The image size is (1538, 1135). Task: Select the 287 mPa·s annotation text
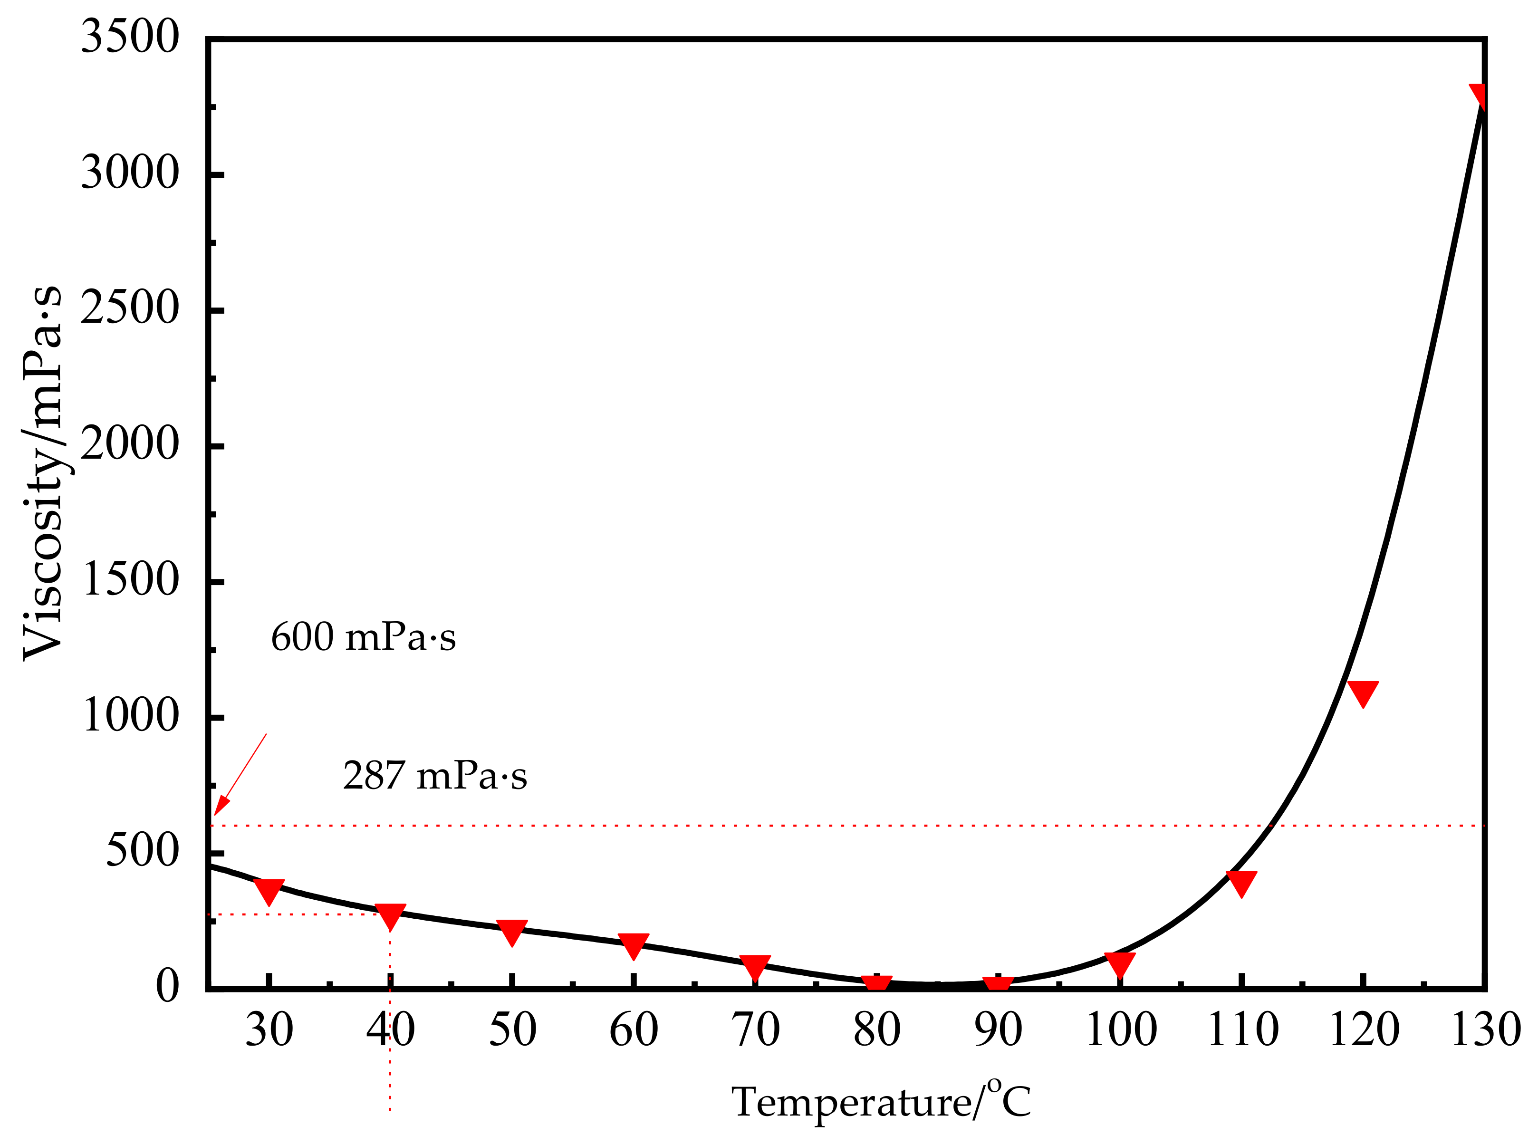click(435, 776)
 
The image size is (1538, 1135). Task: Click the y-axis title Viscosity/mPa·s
click(43, 474)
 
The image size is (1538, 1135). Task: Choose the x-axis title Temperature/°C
click(881, 1102)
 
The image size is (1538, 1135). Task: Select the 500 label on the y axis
click(142, 852)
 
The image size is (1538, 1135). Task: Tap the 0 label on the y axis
click(167, 987)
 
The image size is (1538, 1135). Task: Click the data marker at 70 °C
click(755, 966)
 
